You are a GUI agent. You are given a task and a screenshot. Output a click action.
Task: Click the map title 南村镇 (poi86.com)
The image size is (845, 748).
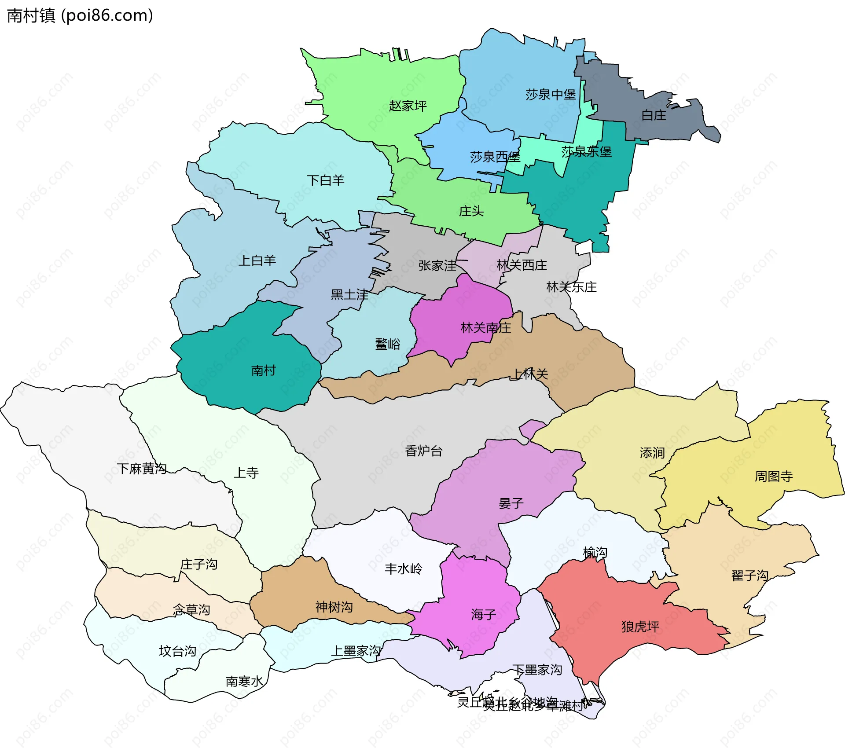80,16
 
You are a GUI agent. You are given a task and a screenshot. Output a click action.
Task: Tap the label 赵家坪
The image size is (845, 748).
408,106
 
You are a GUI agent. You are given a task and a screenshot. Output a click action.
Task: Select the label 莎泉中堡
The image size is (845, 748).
550,95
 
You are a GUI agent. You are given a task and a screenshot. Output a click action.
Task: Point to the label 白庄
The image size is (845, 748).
654,115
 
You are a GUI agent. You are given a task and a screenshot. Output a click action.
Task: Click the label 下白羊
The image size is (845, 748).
325,180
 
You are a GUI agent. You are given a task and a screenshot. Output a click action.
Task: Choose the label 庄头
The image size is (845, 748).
471,212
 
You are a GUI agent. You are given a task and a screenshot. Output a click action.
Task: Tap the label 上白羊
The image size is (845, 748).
257,261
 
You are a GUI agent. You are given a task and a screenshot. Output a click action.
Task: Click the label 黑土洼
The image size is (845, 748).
349,295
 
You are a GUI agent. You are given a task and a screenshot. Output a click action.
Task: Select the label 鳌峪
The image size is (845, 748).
387,344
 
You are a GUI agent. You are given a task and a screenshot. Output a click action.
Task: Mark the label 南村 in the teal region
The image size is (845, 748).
263,371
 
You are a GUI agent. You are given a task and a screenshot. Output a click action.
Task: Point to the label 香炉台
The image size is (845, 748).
423,451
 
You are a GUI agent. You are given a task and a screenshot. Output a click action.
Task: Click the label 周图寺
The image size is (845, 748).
774,477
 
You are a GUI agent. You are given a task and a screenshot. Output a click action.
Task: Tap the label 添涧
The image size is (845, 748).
652,453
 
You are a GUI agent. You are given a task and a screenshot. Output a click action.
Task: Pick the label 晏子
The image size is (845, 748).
511,503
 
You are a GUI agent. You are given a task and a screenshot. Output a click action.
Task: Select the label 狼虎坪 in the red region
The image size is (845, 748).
640,627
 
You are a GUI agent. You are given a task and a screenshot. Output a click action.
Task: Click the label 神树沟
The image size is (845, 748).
334,608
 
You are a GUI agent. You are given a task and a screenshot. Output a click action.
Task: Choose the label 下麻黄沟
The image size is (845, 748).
142,469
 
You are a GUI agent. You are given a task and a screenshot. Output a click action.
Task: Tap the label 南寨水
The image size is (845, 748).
244,682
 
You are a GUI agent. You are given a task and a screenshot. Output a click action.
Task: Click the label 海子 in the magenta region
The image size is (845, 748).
483,615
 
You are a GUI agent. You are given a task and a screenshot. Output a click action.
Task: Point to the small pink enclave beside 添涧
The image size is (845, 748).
532,428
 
